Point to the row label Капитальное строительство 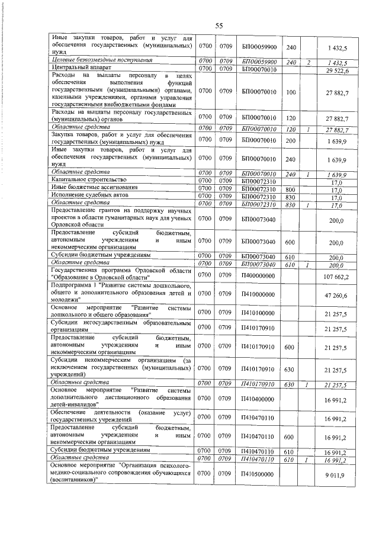pyautogui.click(x=89, y=179)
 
